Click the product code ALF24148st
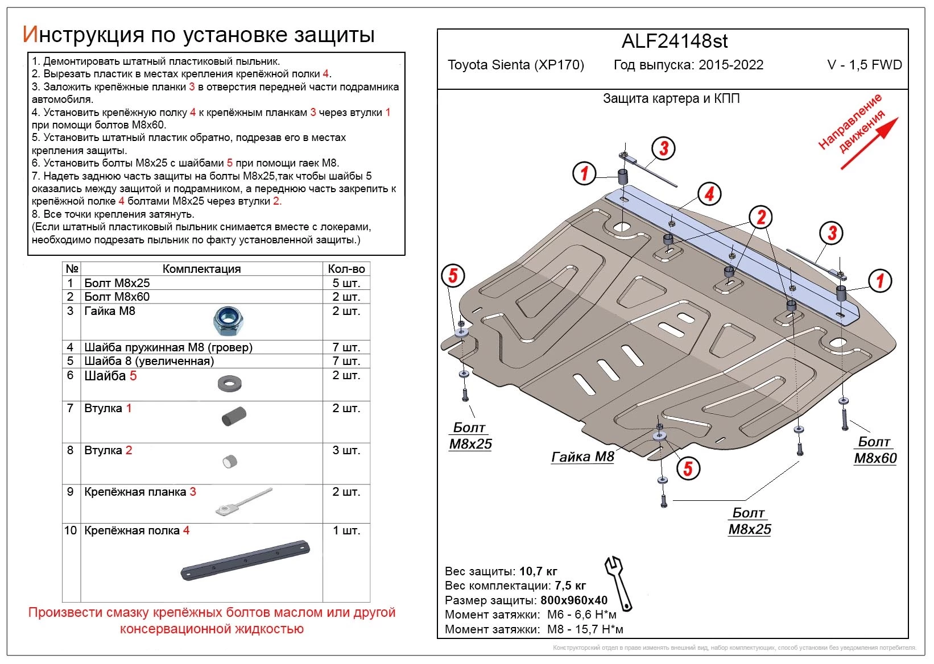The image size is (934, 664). [x=675, y=42]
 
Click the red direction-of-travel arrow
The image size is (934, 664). [x=869, y=143]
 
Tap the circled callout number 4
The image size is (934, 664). [x=709, y=194]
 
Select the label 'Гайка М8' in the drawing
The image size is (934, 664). [x=583, y=457]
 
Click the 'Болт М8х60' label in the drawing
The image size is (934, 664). [x=875, y=450]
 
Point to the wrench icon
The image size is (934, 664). [x=618, y=583]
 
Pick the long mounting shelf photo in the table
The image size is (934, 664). [x=246, y=560]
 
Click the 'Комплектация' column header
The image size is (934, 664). [x=201, y=269]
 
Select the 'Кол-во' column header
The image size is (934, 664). [x=346, y=269]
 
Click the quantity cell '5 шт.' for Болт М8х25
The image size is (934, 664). [x=346, y=283]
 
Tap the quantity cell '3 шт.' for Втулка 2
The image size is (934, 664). [x=346, y=450]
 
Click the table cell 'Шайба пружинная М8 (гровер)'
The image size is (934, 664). [x=168, y=347]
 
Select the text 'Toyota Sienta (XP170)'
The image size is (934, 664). [x=516, y=65]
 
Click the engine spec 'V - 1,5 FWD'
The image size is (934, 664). [x=864, y=65]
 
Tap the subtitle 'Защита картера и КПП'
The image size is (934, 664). [x=671, y=98]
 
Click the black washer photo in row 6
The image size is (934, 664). [x=230, y=384]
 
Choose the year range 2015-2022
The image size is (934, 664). [x=731, y=65]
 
